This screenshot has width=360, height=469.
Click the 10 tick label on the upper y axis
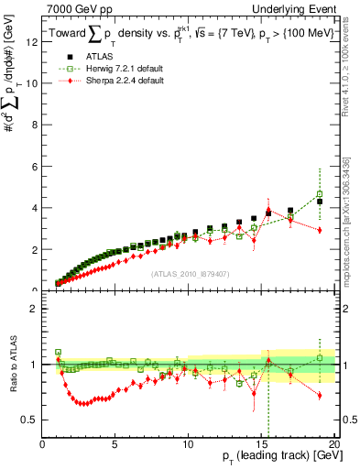(x=32, y=83)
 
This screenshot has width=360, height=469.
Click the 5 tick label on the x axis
(x=115, y=443)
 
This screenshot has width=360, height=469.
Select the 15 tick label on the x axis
(x=262, y=443)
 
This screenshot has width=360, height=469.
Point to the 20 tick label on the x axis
(x=334, y=443)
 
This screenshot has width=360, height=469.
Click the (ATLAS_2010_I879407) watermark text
(x=189, y=273)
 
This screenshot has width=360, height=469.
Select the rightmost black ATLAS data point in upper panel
(x=320, y=202)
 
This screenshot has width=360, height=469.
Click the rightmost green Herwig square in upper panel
(x=320, y=194)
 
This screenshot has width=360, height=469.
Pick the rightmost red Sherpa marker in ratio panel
(x=320, y=396)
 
